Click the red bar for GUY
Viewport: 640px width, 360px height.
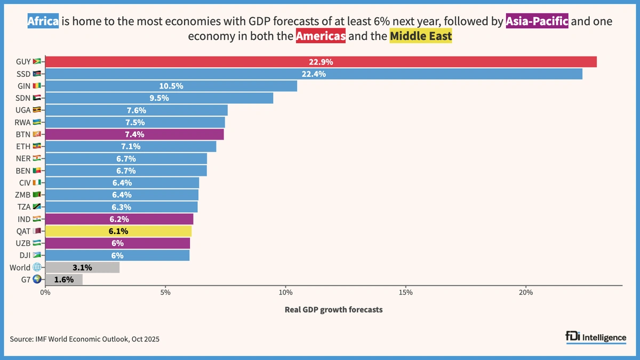pos(321,62)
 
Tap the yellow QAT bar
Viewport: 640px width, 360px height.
pos(118,231)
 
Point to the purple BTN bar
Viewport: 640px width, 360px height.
pos(134,134)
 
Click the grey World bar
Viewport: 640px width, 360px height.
pos(82,268)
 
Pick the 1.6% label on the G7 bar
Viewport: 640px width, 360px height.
pos(63,279)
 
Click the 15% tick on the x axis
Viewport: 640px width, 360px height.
pos(405,292)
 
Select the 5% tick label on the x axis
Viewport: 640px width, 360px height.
pos(165,292)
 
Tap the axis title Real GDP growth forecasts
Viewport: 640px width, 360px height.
pos(333,309)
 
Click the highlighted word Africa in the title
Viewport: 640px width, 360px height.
pos(43,22)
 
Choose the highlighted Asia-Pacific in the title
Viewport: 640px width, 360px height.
pos(537,22)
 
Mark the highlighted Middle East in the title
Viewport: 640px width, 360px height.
pos(421,37)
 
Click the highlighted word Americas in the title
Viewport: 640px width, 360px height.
pos(321,37)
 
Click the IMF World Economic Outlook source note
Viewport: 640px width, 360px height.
pos(84,339)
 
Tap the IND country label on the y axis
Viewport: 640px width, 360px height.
pos(23,219)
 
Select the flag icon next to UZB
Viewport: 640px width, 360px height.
pos(36,243)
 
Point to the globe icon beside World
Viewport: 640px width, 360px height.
pos(36,268)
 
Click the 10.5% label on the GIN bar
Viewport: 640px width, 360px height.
pos(171,86)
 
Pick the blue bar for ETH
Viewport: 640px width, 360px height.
pos(131,147)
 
